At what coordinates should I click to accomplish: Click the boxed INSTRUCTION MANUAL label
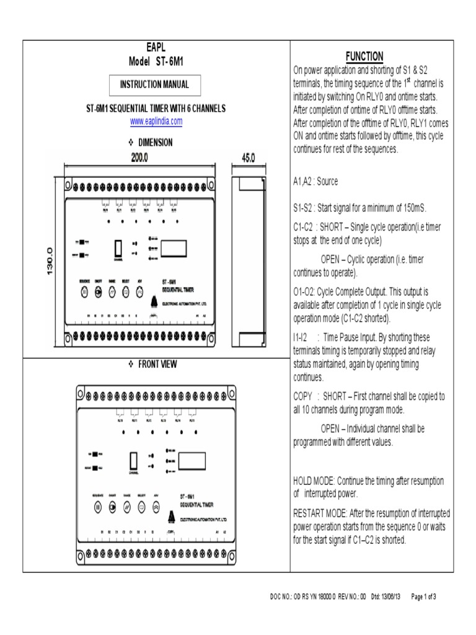pyautogui.click(x=155, y=84)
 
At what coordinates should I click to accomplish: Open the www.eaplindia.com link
pyautogui.click(x=156, y=122)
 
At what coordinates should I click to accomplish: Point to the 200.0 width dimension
pyautogui.click(x=139, y=158)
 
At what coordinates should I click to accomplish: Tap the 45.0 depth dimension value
pyautogui.click(x=248, y=158)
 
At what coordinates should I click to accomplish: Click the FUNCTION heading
pyautogui.click(x=364, y=56)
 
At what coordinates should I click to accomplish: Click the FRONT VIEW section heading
pyautogui.click(x=156, y=365)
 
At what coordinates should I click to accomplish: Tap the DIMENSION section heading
pyautogui.click(x=155, y=142)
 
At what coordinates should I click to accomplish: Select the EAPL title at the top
pyautogui.click(x=156, y=48)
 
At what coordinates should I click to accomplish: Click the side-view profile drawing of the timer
pyautogui.click(x=249, y=260)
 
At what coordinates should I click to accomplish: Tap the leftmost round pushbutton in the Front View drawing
pyautogui.click(x=97, y=507)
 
